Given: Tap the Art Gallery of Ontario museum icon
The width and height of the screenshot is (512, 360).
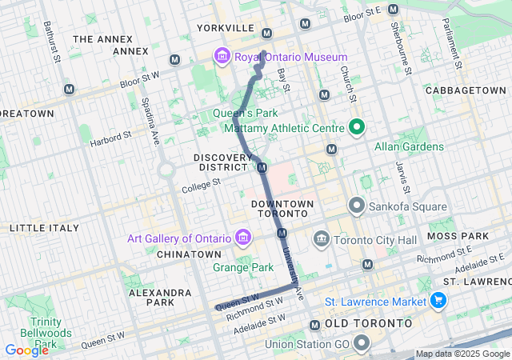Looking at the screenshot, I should (x=242, y=238).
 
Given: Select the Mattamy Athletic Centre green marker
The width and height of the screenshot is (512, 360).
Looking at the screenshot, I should (x=356, y=127).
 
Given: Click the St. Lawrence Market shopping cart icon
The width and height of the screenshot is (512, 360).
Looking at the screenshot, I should (x=438, y=301).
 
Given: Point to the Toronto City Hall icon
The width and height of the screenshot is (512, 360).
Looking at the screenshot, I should (x=322, y=238).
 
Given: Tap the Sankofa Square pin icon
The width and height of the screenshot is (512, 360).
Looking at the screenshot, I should (x=356, y=206).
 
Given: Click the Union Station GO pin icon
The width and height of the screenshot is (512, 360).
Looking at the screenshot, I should (x=361, y=344).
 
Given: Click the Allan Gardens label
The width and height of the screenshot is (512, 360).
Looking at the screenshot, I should (x=409, y=146).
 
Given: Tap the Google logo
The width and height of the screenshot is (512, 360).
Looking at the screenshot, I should (x=26, y=350).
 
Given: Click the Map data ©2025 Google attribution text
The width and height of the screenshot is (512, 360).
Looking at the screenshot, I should (x=462, y=354).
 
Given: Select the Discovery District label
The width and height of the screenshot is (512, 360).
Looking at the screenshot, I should (x=221, y=162).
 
